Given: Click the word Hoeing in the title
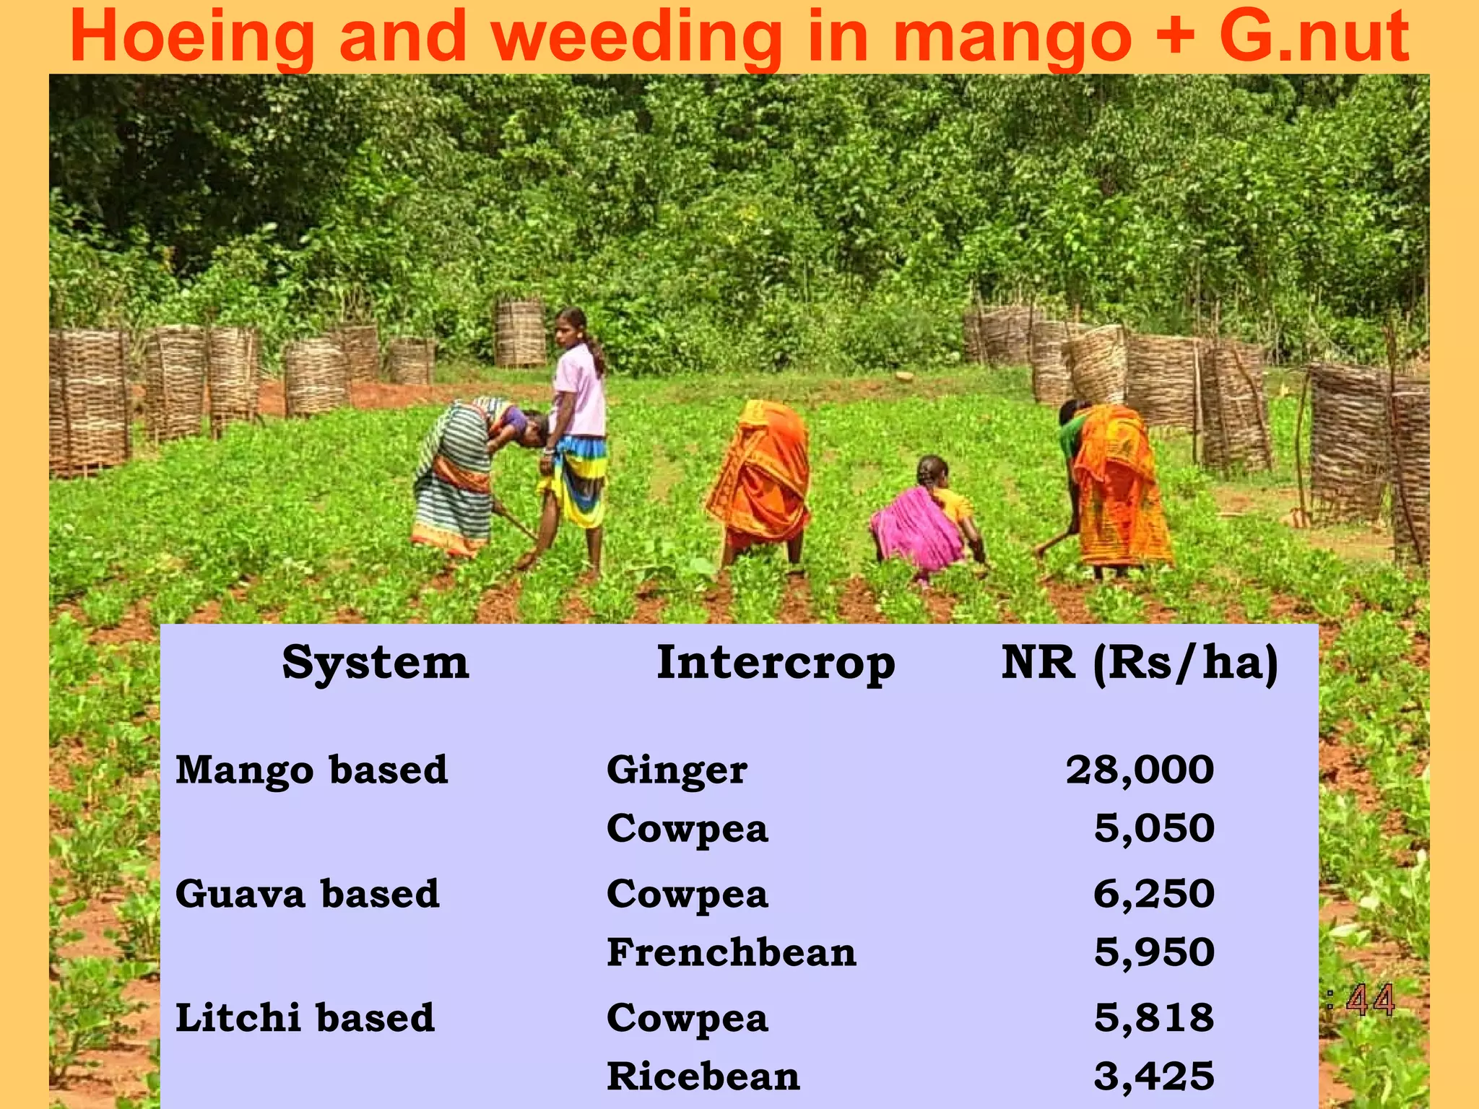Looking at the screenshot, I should click(x=192, y=38).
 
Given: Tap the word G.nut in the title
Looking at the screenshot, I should click(x=1314, y=38).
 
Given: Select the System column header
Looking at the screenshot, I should click(x=376, y=662).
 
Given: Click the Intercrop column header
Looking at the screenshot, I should click(x=776, y=662).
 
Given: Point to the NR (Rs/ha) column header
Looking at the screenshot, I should click(x=1140, y=662).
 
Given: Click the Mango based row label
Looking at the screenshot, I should click(x=312, y=770).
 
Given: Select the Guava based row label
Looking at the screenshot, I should click(x=308, y=894).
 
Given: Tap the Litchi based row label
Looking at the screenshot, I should click(x=305, y=1018).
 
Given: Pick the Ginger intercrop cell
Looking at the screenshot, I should click(x=677, y=770).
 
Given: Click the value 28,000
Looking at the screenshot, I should click(x=1140, y=770).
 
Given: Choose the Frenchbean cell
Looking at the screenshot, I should click(x=732, y=952).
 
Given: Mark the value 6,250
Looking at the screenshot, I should click(x=1153, y=894).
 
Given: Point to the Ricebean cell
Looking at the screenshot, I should click(x=703, y=1077).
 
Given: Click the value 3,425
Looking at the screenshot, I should click(x=1153, y=1077).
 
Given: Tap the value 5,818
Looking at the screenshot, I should click(x=1153, y=1018).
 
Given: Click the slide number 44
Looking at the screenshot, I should click(x=1370, y=1001).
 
